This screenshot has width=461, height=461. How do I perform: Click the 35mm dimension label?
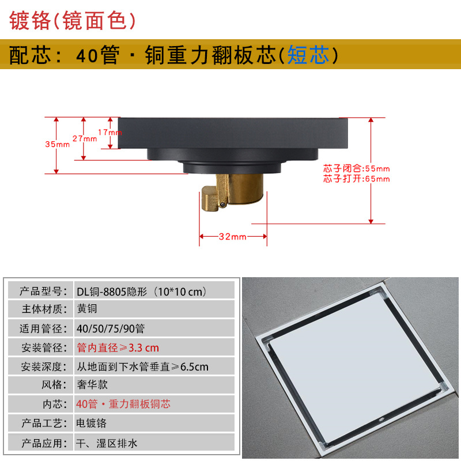[x=57, y=144]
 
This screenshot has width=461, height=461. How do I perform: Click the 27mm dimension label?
[x=84, y=139]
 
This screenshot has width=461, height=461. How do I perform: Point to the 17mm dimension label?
[x=109, y=132]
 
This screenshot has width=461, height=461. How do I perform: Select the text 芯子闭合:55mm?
[x=356, y=169]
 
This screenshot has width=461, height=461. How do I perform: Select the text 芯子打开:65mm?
[x=356, y=179]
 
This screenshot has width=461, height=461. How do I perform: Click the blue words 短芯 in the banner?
[x=308, y=55]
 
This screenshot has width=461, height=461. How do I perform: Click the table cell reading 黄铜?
[x=88, y=309]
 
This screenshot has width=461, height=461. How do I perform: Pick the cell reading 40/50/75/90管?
[x=110, y=328]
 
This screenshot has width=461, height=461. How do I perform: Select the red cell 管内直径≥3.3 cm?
[x=118, y=347]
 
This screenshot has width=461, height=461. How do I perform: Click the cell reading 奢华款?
[x=92, y=385]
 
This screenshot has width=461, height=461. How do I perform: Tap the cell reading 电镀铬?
[x=92, y=423]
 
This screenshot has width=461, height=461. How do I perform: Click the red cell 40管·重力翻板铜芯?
[x=123, y=404]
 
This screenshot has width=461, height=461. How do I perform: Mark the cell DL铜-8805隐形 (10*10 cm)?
[x=141, y=290]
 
